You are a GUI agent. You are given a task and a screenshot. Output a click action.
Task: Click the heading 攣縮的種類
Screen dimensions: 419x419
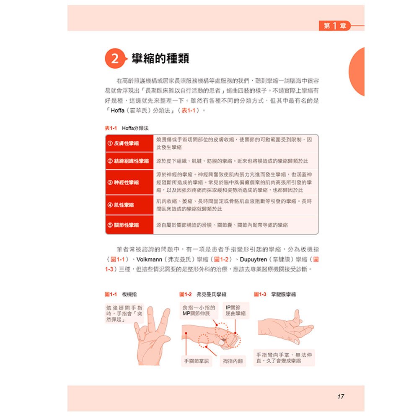click(x=160, y=59)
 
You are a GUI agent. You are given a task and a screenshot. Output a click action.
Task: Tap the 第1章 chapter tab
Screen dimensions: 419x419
click(x=335, y=26)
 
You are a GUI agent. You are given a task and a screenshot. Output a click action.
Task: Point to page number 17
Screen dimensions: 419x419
click(x=340, y=396)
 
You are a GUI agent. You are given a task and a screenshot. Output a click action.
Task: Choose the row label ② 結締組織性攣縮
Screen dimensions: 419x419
click(x=129, y=161)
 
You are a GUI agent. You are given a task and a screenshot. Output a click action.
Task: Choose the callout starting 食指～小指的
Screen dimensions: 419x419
click(x=199, y=310)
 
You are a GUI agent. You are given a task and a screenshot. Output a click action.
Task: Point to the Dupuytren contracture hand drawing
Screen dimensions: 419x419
click(x=285, y=327)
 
